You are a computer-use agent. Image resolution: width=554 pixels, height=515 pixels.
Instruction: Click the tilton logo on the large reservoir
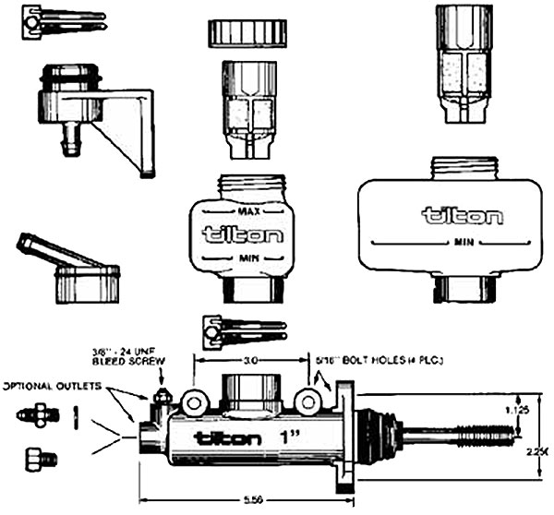click(x=462, y=217)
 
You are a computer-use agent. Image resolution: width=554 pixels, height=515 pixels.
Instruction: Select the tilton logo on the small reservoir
click(x=243, y=234)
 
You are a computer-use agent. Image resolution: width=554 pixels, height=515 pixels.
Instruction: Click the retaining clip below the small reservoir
click(x=243, y=330)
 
